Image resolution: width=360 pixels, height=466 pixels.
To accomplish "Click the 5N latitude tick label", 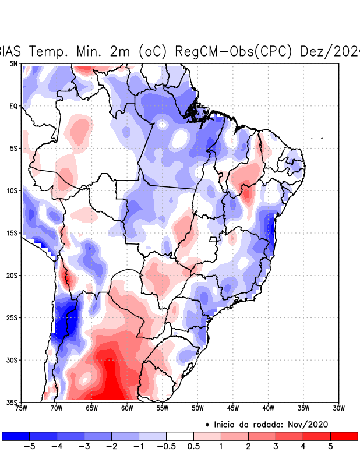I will [x=13, y=63].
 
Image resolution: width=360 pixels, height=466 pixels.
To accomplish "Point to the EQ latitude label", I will [x=13, y=106].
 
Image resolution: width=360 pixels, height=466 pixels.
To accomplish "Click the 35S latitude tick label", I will [x=12, y=402].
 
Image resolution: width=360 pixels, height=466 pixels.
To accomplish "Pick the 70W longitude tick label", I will [x=57, y=408].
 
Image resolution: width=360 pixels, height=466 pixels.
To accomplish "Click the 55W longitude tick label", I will [x=163, y=408].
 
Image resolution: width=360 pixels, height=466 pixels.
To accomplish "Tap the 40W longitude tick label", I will [x=269, y=408].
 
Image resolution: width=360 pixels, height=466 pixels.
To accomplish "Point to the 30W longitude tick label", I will [x=339, y=408].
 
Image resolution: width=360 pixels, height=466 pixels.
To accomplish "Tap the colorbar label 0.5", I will [x=193, y=446].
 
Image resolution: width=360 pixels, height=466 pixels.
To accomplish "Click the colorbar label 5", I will [x=330, y=446].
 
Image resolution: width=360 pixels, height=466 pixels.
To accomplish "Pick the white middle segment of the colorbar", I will [x=180, y=436].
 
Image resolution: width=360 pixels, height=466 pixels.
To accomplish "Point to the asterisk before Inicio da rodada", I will [x=207, y=425].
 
